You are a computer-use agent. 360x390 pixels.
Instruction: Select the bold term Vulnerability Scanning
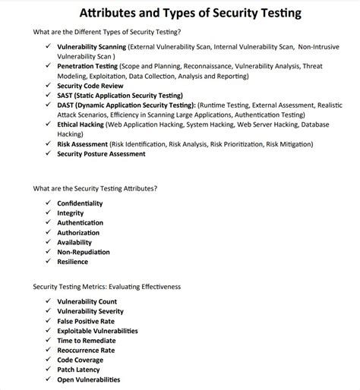click(x=91, y=46)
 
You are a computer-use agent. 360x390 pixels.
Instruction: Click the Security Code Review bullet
click(x=91, y=86)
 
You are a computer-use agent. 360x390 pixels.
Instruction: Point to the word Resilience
click(x=72, y=262)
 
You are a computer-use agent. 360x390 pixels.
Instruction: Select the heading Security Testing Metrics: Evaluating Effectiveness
click(x=106, y=287)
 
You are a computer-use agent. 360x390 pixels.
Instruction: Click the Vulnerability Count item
click(x=87, y=301)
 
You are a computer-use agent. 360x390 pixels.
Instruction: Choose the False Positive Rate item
click(x=86, y=321)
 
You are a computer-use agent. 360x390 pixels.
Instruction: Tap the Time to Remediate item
click(x=85, y=341)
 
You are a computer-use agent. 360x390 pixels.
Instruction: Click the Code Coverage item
click(x=81, y=360)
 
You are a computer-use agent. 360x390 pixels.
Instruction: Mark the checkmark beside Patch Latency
click(x=47, y=370)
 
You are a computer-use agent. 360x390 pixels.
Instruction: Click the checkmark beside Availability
click(x=47, y=242)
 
